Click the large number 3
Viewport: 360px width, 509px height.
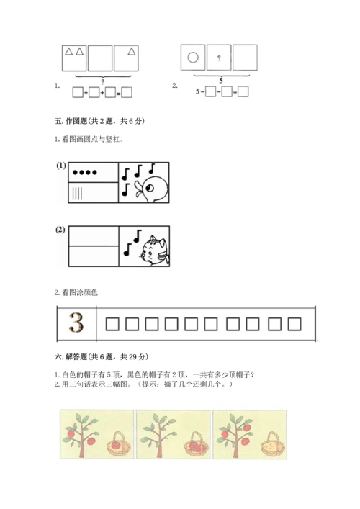coord(76,323)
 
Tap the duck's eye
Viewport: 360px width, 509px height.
coord(150,188)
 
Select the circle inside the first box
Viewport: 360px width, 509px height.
coord(193,58)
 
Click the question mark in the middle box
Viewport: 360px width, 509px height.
coord(219,58)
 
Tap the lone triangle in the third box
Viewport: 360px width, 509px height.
coord(132,51)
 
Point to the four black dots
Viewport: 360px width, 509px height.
coord(85,172)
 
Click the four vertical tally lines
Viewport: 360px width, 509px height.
coord(77,194)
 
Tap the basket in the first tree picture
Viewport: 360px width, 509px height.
coord(120,443)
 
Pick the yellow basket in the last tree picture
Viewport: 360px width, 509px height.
coord(274,443)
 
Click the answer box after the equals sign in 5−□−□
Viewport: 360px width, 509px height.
coord(243,92)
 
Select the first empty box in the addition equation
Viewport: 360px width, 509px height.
coord(78,93)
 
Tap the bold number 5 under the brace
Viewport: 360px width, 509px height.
coord(221,81)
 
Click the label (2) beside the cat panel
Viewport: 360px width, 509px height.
coord(60,230)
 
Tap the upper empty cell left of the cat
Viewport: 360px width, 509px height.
coord(94,236)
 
